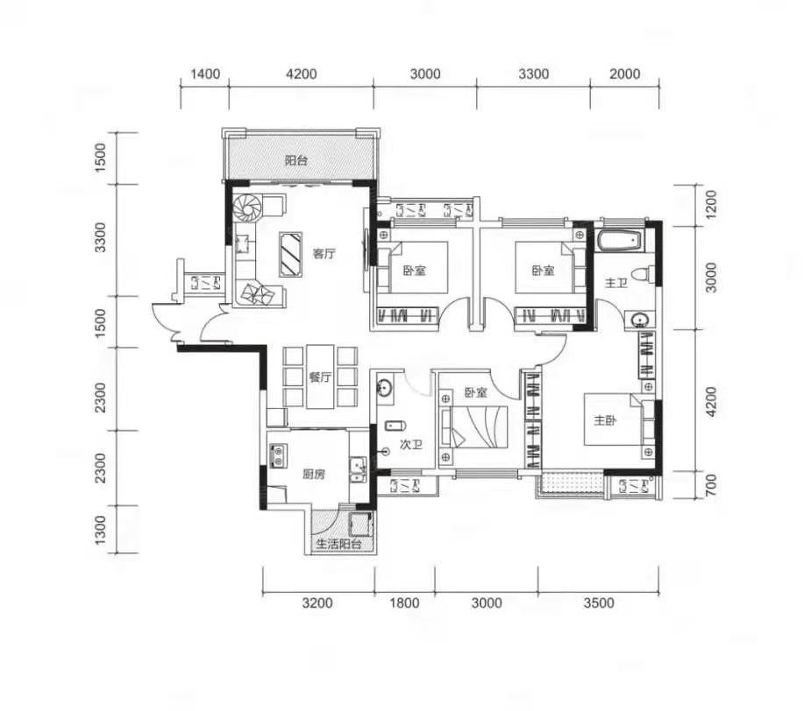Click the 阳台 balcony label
[295, 161]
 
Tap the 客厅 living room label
[324, 254]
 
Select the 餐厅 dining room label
[320, 377]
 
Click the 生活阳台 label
[338, 544]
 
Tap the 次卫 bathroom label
[411, 445]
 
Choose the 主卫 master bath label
[616, 283]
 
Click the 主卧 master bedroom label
[605, 421]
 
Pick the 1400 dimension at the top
[205, 74]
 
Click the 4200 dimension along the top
[302, 74]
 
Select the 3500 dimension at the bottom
[599, 603]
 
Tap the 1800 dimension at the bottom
[404, 603]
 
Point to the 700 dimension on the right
[711, 486]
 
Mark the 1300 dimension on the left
[100, 530]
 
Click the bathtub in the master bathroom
[620, 241]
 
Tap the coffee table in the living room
[290, 255]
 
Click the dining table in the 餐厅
[320, 377]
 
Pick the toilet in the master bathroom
[645, 274]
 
